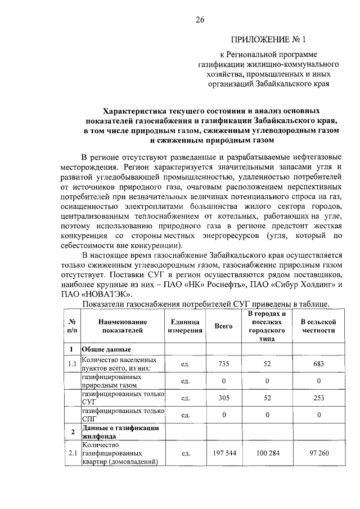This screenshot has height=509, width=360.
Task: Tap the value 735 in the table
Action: [224, 364]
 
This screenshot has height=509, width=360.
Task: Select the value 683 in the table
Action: [318, 364]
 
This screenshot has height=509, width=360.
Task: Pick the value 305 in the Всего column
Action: [224, 398]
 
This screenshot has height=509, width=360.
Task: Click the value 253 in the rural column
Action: [318, 398]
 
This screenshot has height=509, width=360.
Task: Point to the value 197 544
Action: [224, 452]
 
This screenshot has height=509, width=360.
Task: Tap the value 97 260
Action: [318, 452]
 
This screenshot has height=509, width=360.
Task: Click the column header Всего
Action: [224, 326]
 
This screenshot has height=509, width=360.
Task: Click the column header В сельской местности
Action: [318, 326]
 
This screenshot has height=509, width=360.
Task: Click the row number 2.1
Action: [71, 452]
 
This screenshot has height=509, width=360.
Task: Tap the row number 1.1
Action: [71, 364]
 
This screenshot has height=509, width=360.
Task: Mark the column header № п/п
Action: [71, 326]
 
